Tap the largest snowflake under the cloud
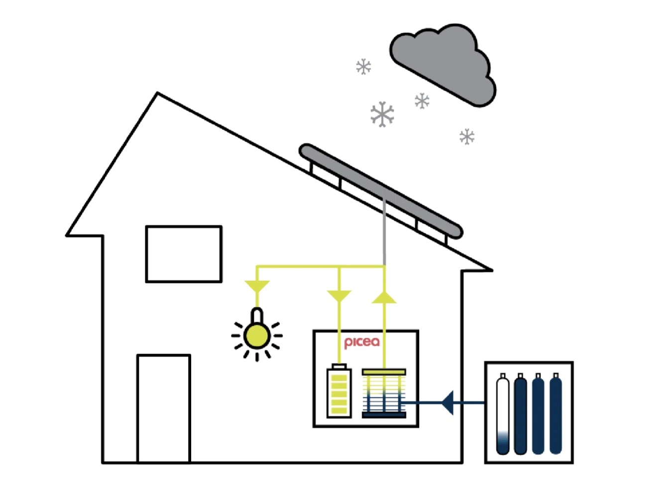pos(382,114)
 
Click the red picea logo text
pos(362,342)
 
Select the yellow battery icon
pos(339,391)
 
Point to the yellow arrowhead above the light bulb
pos(257,286)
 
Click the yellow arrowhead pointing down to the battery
pos(339,296)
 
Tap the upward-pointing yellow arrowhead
pos(384,297)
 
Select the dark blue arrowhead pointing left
pos(448,402)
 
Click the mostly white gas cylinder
pos(503,414)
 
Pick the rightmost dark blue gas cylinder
pos(555,414)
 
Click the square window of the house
pos(184,254)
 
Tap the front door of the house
pos(164,408)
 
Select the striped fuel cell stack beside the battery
pos(384,393)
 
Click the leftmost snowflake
pos(364,67)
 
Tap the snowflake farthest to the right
pos(467,136)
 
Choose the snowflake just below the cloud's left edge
pos(422,101)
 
